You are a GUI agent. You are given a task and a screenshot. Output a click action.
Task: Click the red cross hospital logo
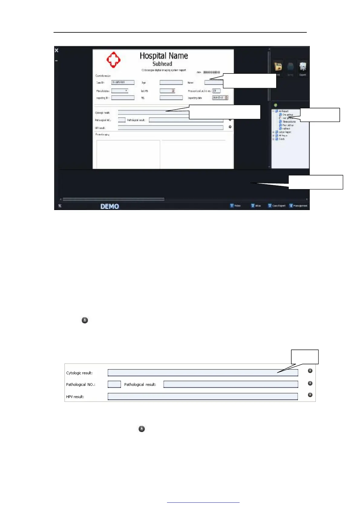click(113, 60)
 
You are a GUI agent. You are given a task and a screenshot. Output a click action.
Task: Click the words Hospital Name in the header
click(164, 56)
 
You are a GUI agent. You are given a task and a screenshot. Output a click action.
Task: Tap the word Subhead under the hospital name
click(162, 64)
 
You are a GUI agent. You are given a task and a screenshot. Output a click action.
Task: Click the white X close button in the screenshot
click(57, 50)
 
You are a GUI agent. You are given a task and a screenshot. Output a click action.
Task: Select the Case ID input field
click(123, 82)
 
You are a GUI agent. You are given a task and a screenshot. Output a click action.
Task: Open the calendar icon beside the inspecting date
click(226, 97)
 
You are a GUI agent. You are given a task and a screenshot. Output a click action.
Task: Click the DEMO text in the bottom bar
click(110, 206)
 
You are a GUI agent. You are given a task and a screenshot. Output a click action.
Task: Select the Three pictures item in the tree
click(289, 122)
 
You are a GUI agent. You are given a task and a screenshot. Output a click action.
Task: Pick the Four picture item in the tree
click(288, 125)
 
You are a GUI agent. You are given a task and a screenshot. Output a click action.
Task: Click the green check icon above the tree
click(275, 105)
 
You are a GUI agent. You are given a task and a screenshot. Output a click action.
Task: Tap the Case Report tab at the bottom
click(277, 206)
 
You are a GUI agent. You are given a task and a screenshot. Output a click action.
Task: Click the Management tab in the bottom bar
click(299, 206)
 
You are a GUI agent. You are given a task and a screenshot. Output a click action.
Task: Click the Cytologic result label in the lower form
click(79, 373)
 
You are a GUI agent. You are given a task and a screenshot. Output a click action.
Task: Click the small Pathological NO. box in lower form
click(114, 384)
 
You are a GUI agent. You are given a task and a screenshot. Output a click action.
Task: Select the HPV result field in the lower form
click(202, 396)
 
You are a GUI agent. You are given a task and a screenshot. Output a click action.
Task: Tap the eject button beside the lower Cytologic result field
click(310, 371)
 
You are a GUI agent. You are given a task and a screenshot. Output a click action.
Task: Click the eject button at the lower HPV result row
click(310, 395)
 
